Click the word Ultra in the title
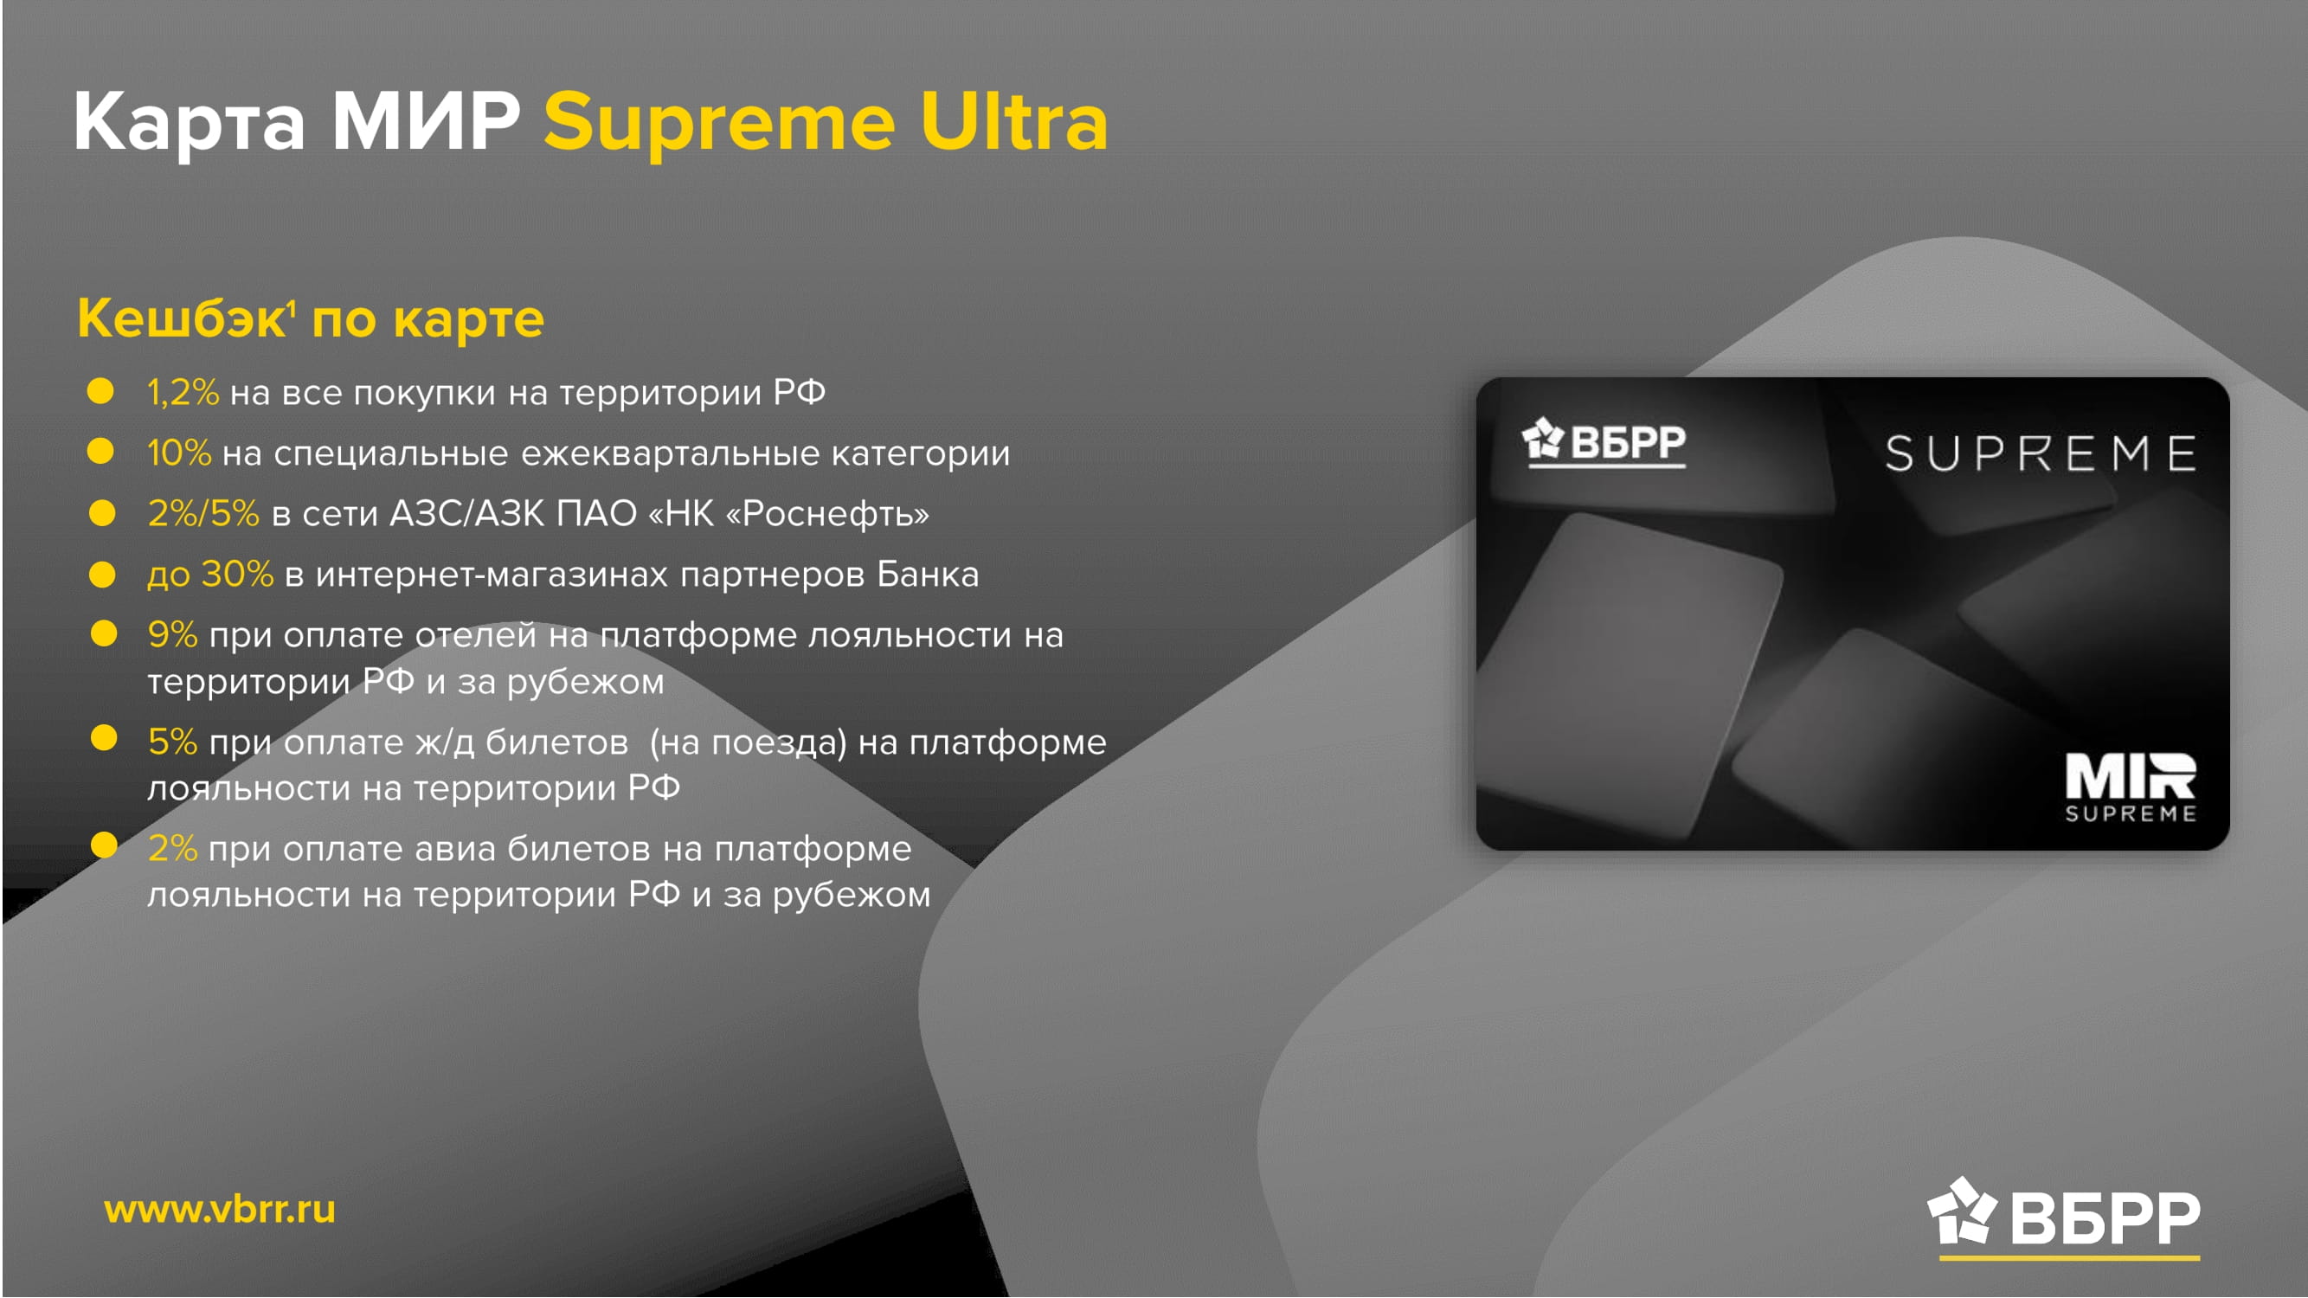pos(1014,122)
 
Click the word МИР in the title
pos(426,122)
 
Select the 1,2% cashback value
pos(183,392)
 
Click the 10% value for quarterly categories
pos(179,453)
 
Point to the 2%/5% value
pos(203,513)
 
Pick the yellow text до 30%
pos(210,575)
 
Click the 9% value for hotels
pos(172,635)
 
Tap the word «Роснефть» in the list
pos(827,514)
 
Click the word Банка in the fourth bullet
pos(928,575)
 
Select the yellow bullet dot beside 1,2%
pos(100,390)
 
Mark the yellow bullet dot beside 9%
pos(104,633)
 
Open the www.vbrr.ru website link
pos(220,1211)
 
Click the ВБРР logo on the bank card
pos(1604,442)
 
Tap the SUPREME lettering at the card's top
pos(2041,453)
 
